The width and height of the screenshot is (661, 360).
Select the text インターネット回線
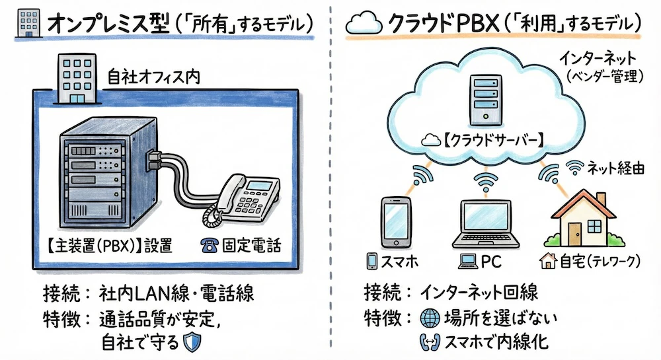pyautogui.click(x=480, y=291)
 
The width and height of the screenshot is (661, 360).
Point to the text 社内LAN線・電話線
pyautogui.click(x=176, y=291)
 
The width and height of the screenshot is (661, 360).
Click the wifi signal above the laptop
pyautogui.click(x=486, y=179)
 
